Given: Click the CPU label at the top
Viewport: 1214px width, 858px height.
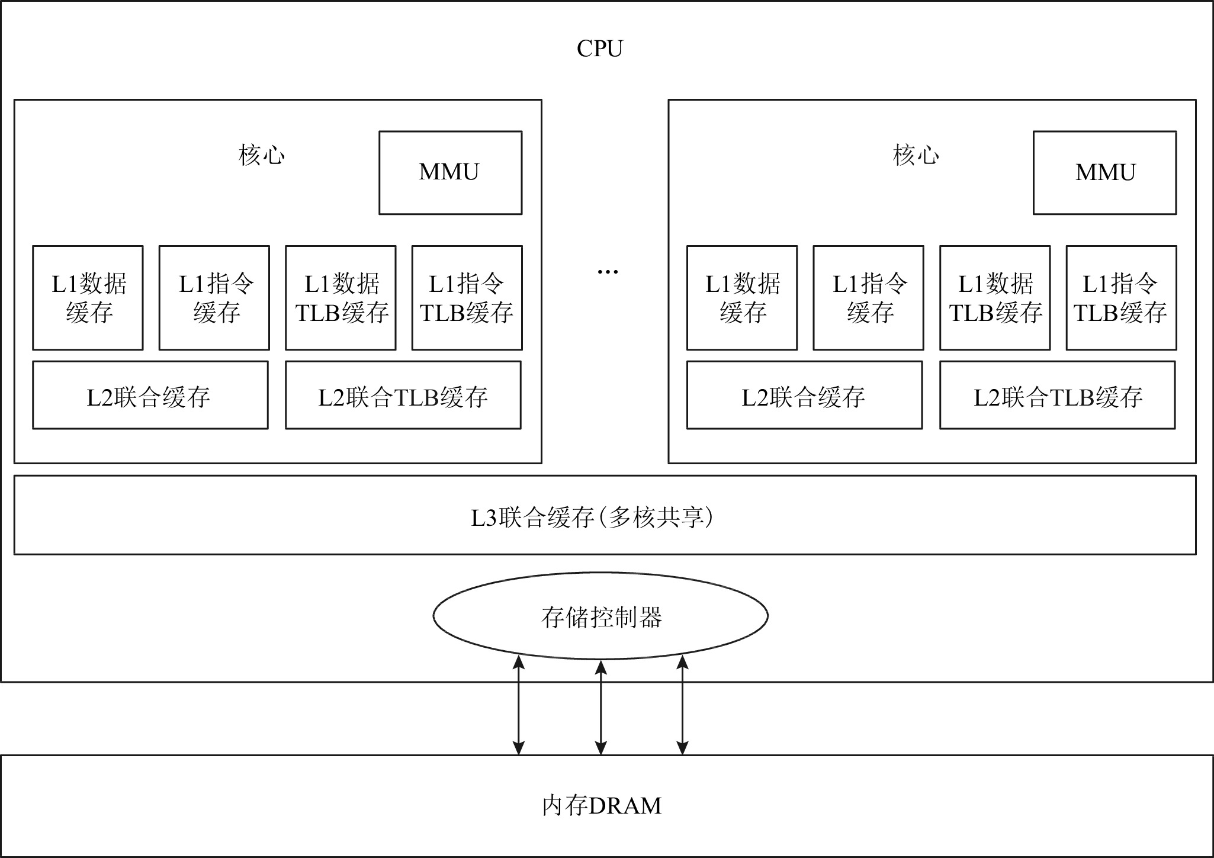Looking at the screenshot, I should tap(599, 49).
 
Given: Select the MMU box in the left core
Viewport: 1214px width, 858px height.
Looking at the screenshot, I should tap(450, 172).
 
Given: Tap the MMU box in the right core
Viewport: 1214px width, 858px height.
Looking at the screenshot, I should tap(1104, 172).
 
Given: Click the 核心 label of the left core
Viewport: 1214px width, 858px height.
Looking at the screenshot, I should tap(262, 155).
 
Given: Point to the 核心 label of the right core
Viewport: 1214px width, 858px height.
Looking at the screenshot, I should tap(916, 155).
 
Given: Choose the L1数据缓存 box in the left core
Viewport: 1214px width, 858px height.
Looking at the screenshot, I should tap(88, 298).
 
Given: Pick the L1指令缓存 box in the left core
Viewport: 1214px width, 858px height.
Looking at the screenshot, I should tap(214, 298).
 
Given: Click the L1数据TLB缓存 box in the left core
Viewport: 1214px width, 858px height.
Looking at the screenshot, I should tap(341, 298).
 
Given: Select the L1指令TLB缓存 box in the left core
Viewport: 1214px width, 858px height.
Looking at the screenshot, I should tap(467, 298).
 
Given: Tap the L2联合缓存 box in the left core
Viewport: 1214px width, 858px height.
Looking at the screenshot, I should tap(150, 396).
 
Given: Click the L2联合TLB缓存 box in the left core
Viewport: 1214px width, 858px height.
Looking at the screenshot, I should tap(403, 396).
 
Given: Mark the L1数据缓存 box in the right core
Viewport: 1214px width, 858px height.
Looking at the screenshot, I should tap(742, 298).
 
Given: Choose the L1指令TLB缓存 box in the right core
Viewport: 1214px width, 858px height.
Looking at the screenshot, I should tap(1121, 298).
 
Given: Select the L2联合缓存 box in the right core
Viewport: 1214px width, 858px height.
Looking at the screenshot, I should tap(804, 396).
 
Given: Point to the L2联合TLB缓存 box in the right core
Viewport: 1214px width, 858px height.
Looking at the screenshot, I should tap(1057, 396).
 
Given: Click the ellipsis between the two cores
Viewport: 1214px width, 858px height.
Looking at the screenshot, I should tap(608, 272).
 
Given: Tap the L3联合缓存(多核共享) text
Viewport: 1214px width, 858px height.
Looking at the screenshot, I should tap(592, 518).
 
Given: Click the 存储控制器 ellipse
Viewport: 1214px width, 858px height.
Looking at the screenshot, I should tap(600, 616).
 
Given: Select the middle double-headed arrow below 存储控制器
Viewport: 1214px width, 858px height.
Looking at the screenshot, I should tap(600, 708).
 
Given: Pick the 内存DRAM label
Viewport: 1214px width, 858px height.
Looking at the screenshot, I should tap(602, 806).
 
